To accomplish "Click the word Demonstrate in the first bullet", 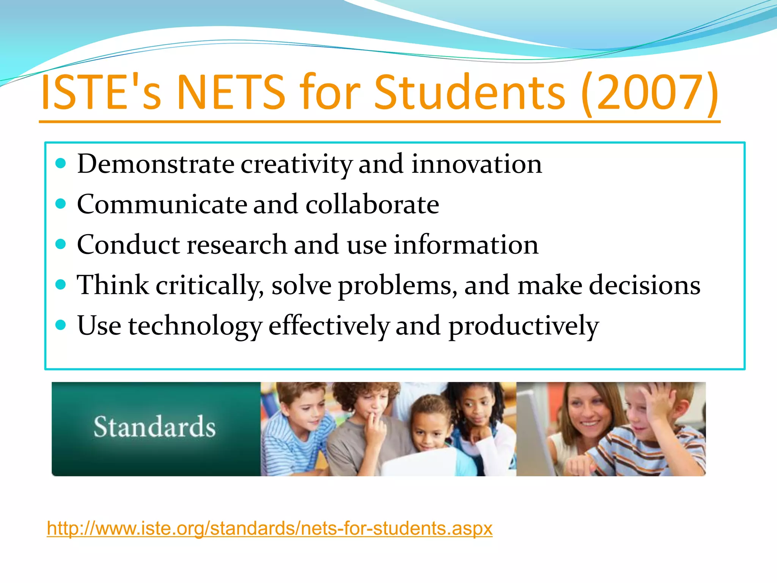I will click(156, 164).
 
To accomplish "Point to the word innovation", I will click(477, 164).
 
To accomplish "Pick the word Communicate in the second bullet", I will click(162, 204).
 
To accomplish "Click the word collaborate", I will click(372, 204).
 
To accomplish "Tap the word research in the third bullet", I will click(237, 244).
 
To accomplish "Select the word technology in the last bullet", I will click(195, 326).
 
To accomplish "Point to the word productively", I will click(524, 326).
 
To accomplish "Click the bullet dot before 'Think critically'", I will click(61, 284).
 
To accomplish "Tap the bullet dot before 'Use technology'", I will click(61, 325).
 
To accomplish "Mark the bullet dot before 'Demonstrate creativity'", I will click(61, 164).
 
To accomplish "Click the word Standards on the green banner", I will click(154, 427).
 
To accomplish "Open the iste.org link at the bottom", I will click(269, 528).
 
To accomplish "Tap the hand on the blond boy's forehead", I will click(660, 399).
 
